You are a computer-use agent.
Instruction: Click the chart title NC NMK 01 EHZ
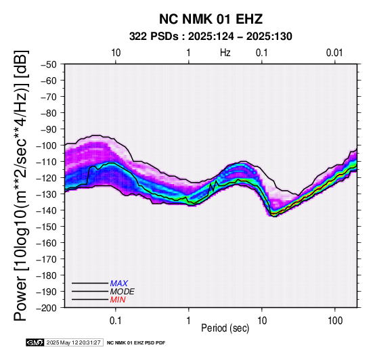point(211,19)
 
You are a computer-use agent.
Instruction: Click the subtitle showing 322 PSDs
point(211,37)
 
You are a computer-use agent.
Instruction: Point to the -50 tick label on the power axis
point(49,64)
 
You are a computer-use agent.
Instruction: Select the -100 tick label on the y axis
point(46,145)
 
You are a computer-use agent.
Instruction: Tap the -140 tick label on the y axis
point(46,210)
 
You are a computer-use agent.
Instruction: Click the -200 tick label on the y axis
point(46,308)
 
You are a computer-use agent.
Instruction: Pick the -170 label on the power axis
point(46,259)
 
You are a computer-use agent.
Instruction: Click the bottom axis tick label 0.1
point(116,321)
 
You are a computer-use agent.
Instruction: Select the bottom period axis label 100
point(335,321)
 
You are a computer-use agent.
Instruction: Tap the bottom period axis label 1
point(188,321)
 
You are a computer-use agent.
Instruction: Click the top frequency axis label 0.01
point(334,53)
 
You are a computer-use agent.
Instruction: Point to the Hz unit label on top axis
point(225,53)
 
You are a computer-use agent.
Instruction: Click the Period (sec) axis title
point(225,328)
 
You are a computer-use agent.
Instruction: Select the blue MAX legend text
point(119,284)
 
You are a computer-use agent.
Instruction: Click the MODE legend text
point(123,292)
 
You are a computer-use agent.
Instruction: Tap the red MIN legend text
point(118,300)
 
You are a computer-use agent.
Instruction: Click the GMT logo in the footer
point(35,342)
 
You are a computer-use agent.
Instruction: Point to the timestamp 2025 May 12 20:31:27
point(73,342)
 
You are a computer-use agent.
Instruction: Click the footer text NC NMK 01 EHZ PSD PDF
point(136,343)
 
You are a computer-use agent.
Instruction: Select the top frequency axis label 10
point(116,53)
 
